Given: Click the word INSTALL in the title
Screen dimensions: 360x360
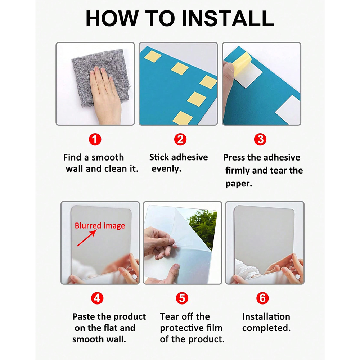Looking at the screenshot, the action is click(x=228, y=18).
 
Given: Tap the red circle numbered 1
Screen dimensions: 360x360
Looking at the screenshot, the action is click(x=95, y=139).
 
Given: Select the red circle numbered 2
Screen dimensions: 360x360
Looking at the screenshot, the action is click(x=180, y=139).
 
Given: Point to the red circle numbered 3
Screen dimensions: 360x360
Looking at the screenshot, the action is click(x=260, y=139).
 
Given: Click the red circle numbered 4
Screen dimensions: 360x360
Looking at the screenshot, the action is click(x=97, y=298).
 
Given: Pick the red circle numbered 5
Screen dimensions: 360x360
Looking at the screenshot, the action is click(x=182, y=298).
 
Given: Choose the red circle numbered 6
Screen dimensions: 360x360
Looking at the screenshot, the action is click(x=262, y=298).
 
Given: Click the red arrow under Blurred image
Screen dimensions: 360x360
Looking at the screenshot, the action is click(x=87, y=238).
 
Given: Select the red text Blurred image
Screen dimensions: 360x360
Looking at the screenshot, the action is click(x=100, y=226).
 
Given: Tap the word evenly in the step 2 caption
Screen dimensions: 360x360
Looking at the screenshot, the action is click(x=166, y=169).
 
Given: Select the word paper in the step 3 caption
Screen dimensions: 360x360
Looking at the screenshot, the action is click(x=239, y=184).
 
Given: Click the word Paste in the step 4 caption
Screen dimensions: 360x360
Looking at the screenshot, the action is click(x=84, y=316).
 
